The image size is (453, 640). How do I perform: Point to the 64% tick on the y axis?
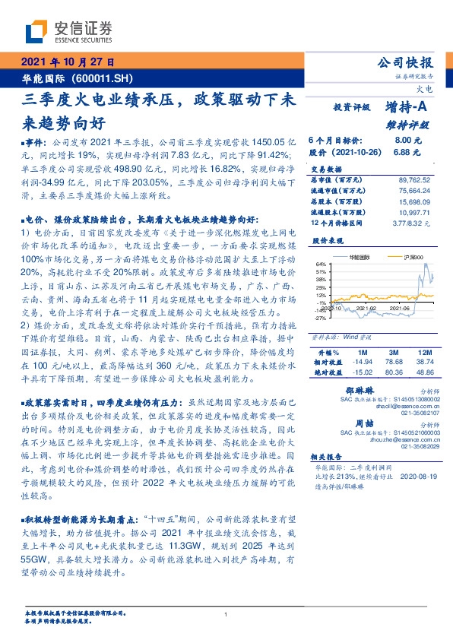321,264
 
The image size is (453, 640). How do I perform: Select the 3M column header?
393,353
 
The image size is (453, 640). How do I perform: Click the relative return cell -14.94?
361,363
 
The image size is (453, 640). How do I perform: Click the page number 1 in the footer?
226,615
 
